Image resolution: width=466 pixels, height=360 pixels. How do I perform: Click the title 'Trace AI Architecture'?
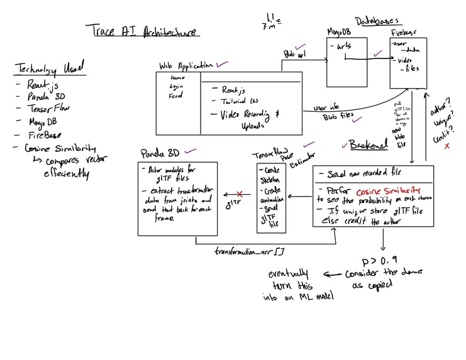tap(143, 31)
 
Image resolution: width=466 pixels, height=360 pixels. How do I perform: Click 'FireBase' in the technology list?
tap(40, 134)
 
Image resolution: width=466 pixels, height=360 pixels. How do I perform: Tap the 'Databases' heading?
tap(377, 21)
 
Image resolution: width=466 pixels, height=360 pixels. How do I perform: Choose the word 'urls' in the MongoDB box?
tap(344, 48)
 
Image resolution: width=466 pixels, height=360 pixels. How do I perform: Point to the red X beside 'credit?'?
tap(447, 146)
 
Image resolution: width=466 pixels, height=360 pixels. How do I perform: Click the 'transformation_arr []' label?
tap(250, 251)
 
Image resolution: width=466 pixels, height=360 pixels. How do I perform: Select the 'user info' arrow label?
tap(326, 107)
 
